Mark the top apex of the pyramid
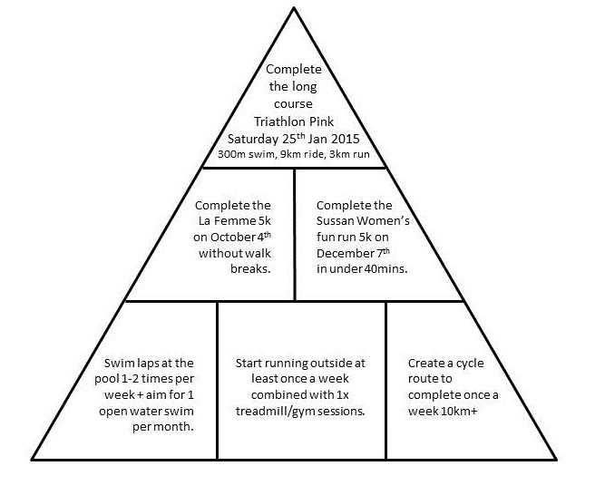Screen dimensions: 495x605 pos(294,7)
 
